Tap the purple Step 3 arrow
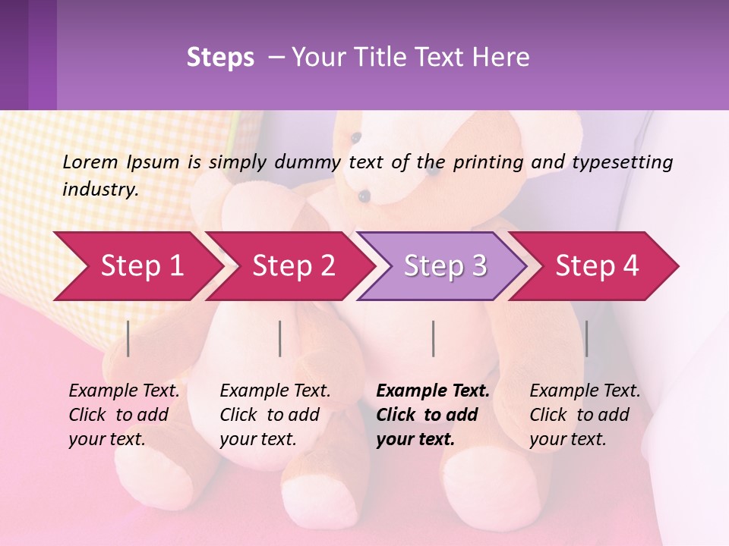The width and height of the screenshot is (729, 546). pyautogui.click(x=445, y=265)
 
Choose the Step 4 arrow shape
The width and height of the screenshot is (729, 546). pyautogui.click(x=597, y=265)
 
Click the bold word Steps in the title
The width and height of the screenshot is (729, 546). pyautogui.click(x=220, y=58)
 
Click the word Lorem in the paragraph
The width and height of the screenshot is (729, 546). pyautogui.click(x=90, y=162)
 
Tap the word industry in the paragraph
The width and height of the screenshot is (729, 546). pyautogui.click(x=99, y=189)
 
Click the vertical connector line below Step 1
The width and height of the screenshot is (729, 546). pyautogui.click(x=128, y=338)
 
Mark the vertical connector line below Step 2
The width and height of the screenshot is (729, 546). pyautogui.click(x=280, y=338)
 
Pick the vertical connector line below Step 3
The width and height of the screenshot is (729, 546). pyautogui.click(x=433, y=338)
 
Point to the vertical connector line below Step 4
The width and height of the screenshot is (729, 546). pyautogui.click(x=586, y=338)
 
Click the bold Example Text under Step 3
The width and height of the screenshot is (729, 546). pyautogui.click(x=433, y=391)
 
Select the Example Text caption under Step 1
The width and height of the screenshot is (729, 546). pyautogui.click(x=124, y=391)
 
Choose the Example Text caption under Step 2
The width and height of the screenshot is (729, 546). pyautogui.click(x=275, y=391)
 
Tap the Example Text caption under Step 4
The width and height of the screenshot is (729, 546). pyautogui.click(x=585, y=391)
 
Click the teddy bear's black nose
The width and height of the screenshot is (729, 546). pyautogui.click(x=364, y=196)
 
